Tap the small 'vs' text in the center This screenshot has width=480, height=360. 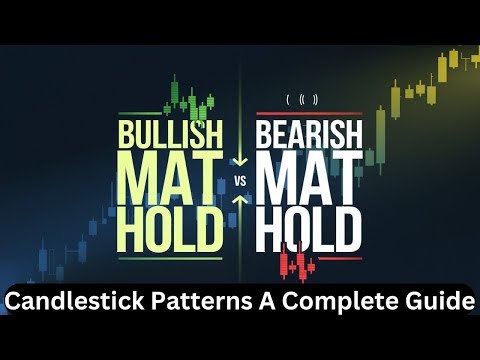coord(240,181)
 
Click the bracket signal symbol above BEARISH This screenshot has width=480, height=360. coord(302,98)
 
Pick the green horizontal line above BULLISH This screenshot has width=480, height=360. coord(170,112)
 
